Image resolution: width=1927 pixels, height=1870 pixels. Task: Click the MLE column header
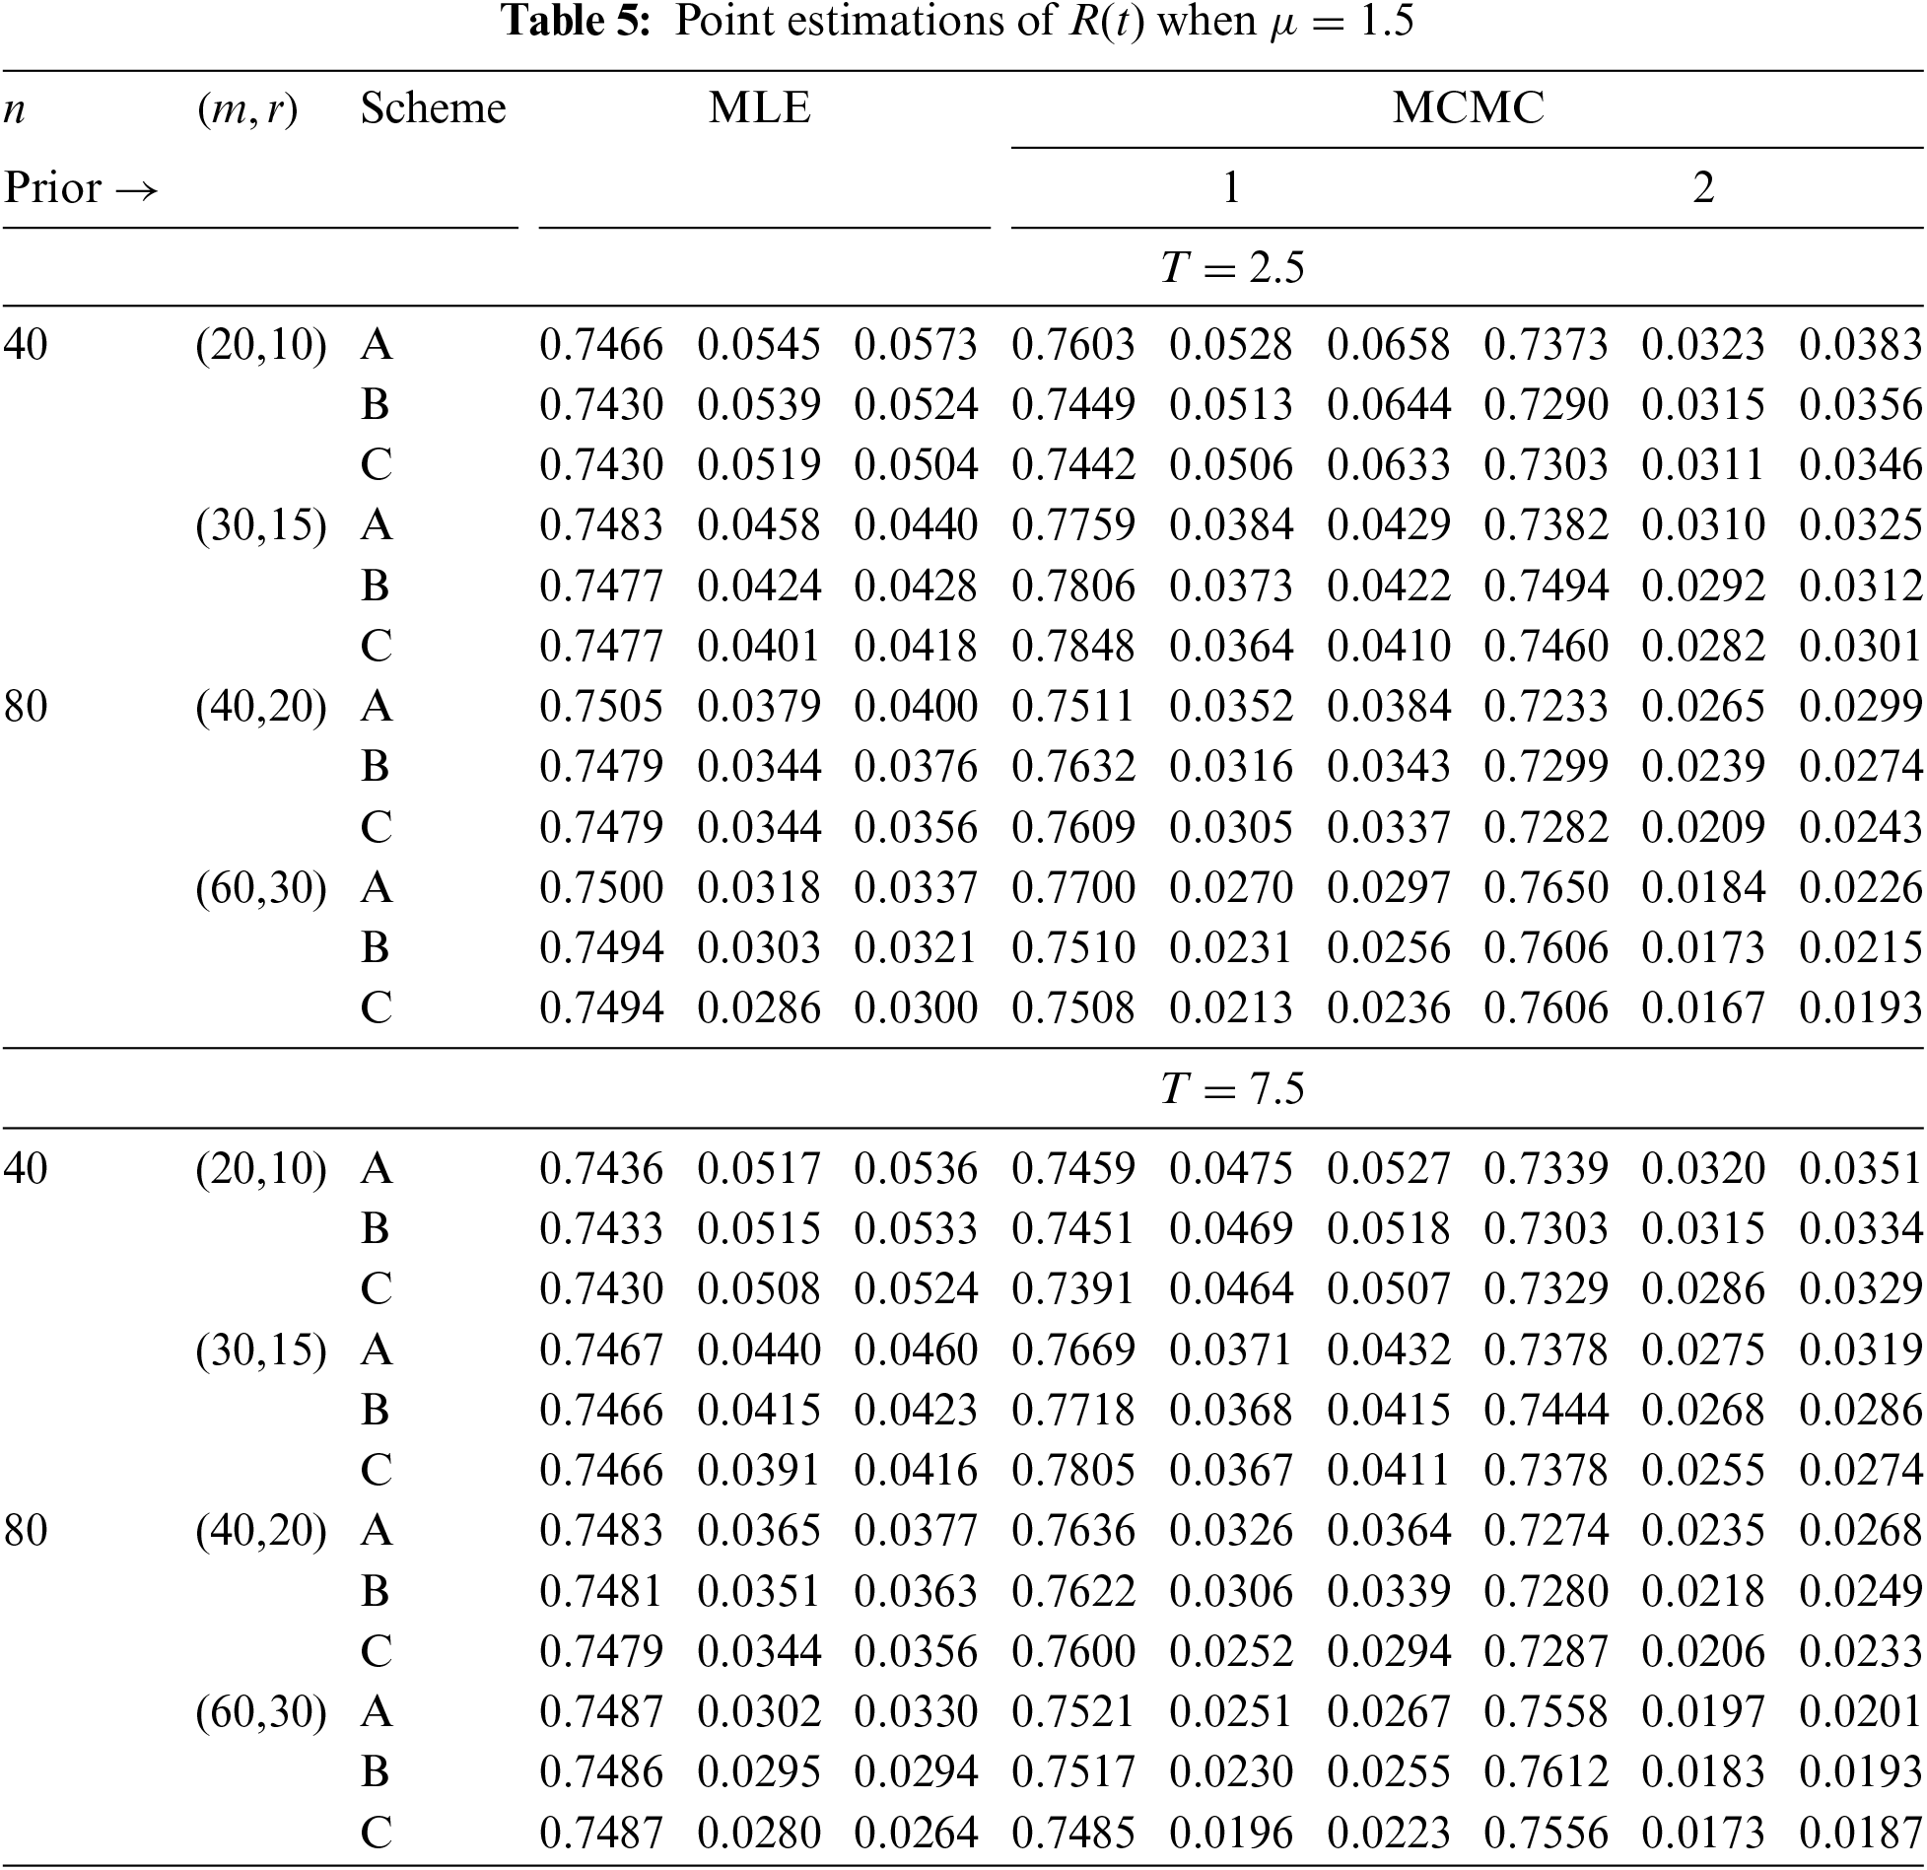point(759,107)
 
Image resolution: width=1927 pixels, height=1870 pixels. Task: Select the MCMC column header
point(1468,107)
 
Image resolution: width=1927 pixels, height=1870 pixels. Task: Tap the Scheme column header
point(433,107)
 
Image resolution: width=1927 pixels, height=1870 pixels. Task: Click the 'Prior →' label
point(81,187)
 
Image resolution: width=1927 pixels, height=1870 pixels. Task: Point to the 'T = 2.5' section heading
point(1231,267)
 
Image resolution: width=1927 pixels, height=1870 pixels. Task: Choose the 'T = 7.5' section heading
point(1231,1088)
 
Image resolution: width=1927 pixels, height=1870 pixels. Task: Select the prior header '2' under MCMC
point(1703,187)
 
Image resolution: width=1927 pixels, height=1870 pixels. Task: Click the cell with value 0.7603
point(1073,344)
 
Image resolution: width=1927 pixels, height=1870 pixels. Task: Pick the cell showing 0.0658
point(1388,344)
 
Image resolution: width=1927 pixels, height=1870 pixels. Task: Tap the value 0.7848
point(1073,646)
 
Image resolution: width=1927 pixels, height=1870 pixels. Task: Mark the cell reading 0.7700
point(1073,887)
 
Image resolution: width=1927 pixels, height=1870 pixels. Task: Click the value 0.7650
point(1546,887)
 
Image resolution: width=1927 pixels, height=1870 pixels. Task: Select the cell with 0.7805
point(1073,1470)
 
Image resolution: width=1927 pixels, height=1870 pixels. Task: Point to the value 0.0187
point(1860,1833)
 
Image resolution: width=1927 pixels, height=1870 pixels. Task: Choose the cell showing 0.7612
point(1546,1772)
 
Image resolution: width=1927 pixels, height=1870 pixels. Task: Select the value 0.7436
point(601,1168)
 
